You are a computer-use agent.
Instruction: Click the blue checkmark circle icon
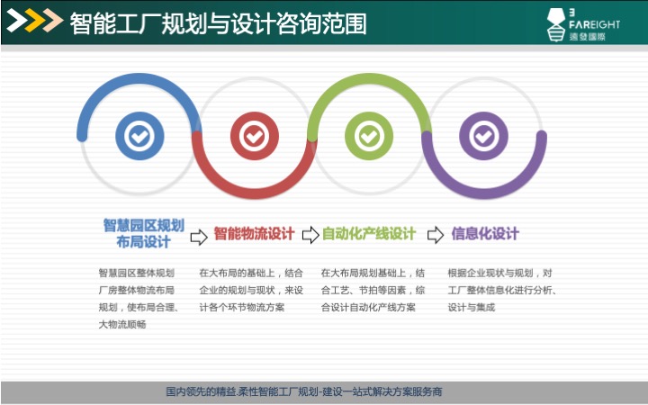click(139, 136)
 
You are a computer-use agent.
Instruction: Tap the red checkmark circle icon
click(254, 136)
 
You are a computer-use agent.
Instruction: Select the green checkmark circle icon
click(369, 136)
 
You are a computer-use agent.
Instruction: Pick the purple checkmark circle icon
click(483, 136)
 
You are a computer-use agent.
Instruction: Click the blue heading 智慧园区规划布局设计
click(143, 233)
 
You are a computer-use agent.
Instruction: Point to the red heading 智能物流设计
click(254, 233)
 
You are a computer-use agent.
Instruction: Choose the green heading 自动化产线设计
click(369, 233)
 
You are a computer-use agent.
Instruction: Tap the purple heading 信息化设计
click(485, 233)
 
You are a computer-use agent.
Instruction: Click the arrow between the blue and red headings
click(199, 237)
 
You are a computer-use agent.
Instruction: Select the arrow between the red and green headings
click(310, 235)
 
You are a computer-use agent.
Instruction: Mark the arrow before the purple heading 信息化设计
click(436, 235)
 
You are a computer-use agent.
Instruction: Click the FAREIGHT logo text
click(594, 24)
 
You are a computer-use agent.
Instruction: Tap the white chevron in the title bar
click(16, 20)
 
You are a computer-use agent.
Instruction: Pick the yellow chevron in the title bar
click(35, 20)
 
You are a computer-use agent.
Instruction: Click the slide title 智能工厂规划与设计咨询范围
click(218, 23)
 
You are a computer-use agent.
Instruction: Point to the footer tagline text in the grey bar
click(304, 391)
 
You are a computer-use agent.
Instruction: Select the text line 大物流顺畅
click(122, 324)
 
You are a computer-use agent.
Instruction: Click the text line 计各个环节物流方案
click(242, 308)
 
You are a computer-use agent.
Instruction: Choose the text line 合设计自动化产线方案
click(368, 308)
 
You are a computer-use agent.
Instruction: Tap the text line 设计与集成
click(471, 308)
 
